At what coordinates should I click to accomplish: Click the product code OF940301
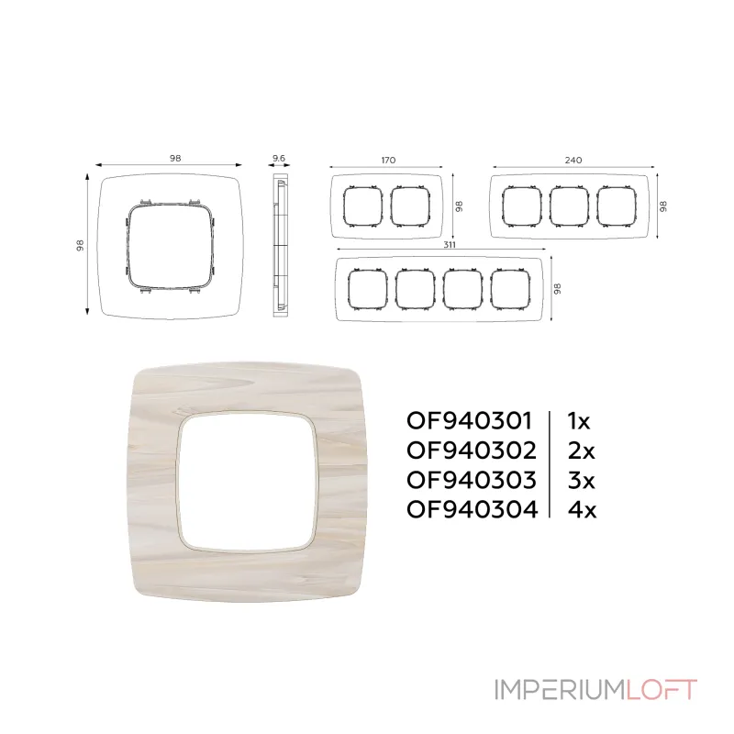tap(469, 421)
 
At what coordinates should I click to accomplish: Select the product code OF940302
tap(472, 450)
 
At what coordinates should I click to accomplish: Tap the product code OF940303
tap(472, 480)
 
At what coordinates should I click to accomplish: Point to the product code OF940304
tap(473, 509)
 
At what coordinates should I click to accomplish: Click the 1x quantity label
tap(579, 421)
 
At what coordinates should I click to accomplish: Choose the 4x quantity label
tap(582, 509)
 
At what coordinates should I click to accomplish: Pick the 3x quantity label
tap(581, 480)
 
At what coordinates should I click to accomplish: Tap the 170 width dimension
tap(388, 160)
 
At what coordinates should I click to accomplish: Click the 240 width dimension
tap(573, 160)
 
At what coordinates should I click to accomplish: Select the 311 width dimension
tap(450, 245)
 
